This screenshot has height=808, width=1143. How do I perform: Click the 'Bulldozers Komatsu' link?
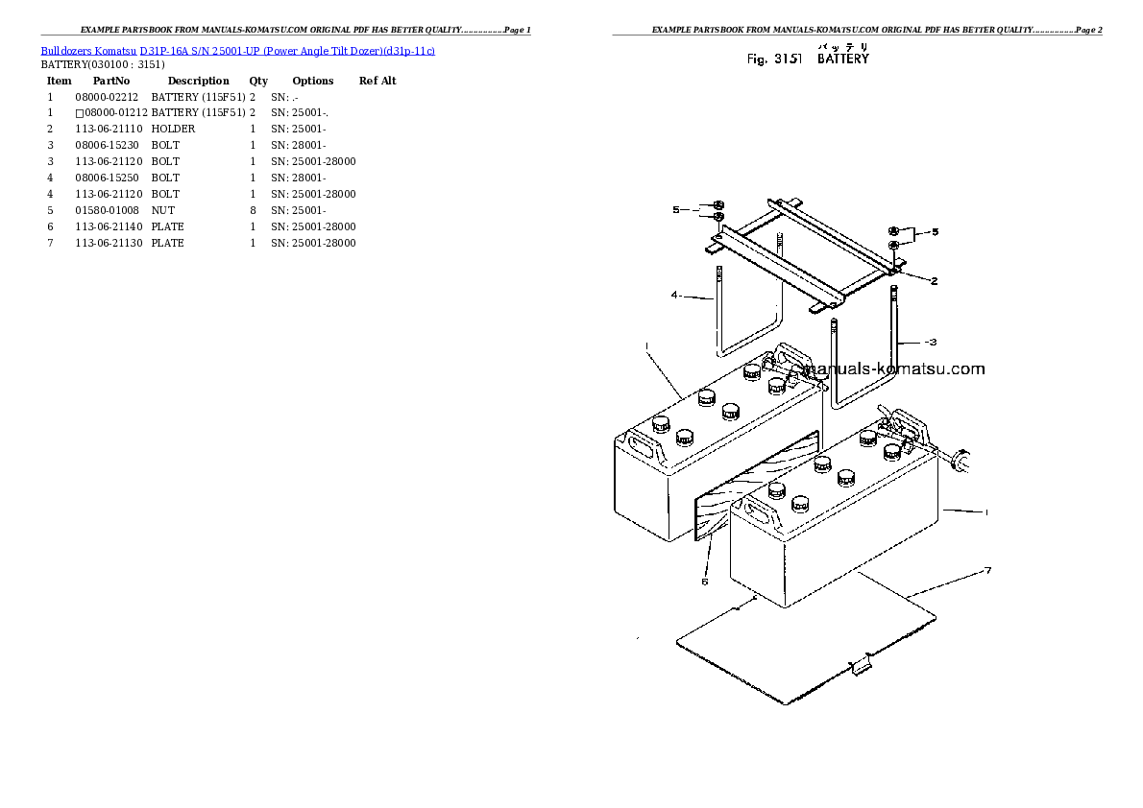(x=88, y=51)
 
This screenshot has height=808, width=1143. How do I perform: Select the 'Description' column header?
(x=198, y=82)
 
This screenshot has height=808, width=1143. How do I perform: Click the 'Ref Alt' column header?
(x=377, y=82)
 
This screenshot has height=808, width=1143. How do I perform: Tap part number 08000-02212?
(x=107, y=97)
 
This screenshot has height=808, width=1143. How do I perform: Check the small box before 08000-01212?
(x=79, y=113)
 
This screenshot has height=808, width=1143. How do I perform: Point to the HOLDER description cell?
(x=173, y=130)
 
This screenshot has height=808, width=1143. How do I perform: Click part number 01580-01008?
(x=107, y=210)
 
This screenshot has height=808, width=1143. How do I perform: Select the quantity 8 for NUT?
(x=253, y=210)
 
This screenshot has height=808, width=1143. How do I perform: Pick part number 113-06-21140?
(x=109, y=226)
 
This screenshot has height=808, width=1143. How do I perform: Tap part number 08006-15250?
(x=107, y=178)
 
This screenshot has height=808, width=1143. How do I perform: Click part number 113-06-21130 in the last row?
(x=109, y=243)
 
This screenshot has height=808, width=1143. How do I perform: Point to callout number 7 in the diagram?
(x=986, y=572)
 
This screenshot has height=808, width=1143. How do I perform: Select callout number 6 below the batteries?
(x=704, y=582)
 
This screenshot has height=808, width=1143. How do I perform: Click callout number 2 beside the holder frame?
(x=933, y=281)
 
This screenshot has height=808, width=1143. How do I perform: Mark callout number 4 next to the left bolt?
(x=675, y=296)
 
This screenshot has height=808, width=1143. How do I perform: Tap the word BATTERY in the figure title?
(x=842, y=59)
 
